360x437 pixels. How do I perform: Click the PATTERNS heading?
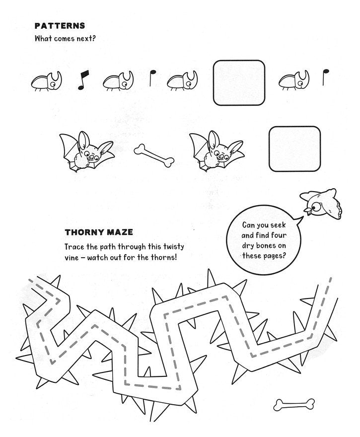[x=60, y=26]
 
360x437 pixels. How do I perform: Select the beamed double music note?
[x=82, y=80]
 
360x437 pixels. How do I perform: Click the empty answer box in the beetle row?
[x=239, y=82]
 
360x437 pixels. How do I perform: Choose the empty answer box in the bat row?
[x=294, y=148]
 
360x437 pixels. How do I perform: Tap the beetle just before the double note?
[x=48, y=81]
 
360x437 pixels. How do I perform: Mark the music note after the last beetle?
[x=326, y=75]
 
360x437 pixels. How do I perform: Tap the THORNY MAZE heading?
[x=98, y=232]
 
